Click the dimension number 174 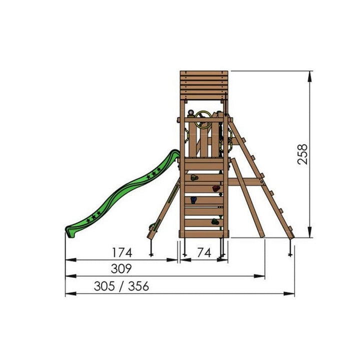coord(122,252)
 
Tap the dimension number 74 coord(204,253)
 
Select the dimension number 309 coord(121,268)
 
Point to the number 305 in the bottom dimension coord(104,286)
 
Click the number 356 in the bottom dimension coord(138,286)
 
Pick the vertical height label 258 coord(302,154)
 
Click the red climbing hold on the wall coord(215,188)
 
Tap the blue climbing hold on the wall coord(193,200)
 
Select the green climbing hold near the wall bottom coord(215,221)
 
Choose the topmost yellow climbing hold coord(194,177)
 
